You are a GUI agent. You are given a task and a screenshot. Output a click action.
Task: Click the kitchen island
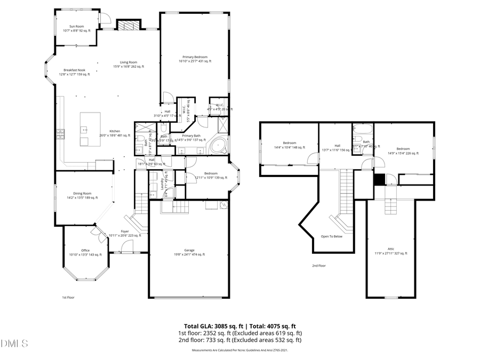point(88,129)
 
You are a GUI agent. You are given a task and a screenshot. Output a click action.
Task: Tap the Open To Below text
point(332,236)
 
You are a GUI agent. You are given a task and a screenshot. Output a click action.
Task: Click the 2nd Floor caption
point(319,266)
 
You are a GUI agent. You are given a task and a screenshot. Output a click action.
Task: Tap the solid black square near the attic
point(379,180)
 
